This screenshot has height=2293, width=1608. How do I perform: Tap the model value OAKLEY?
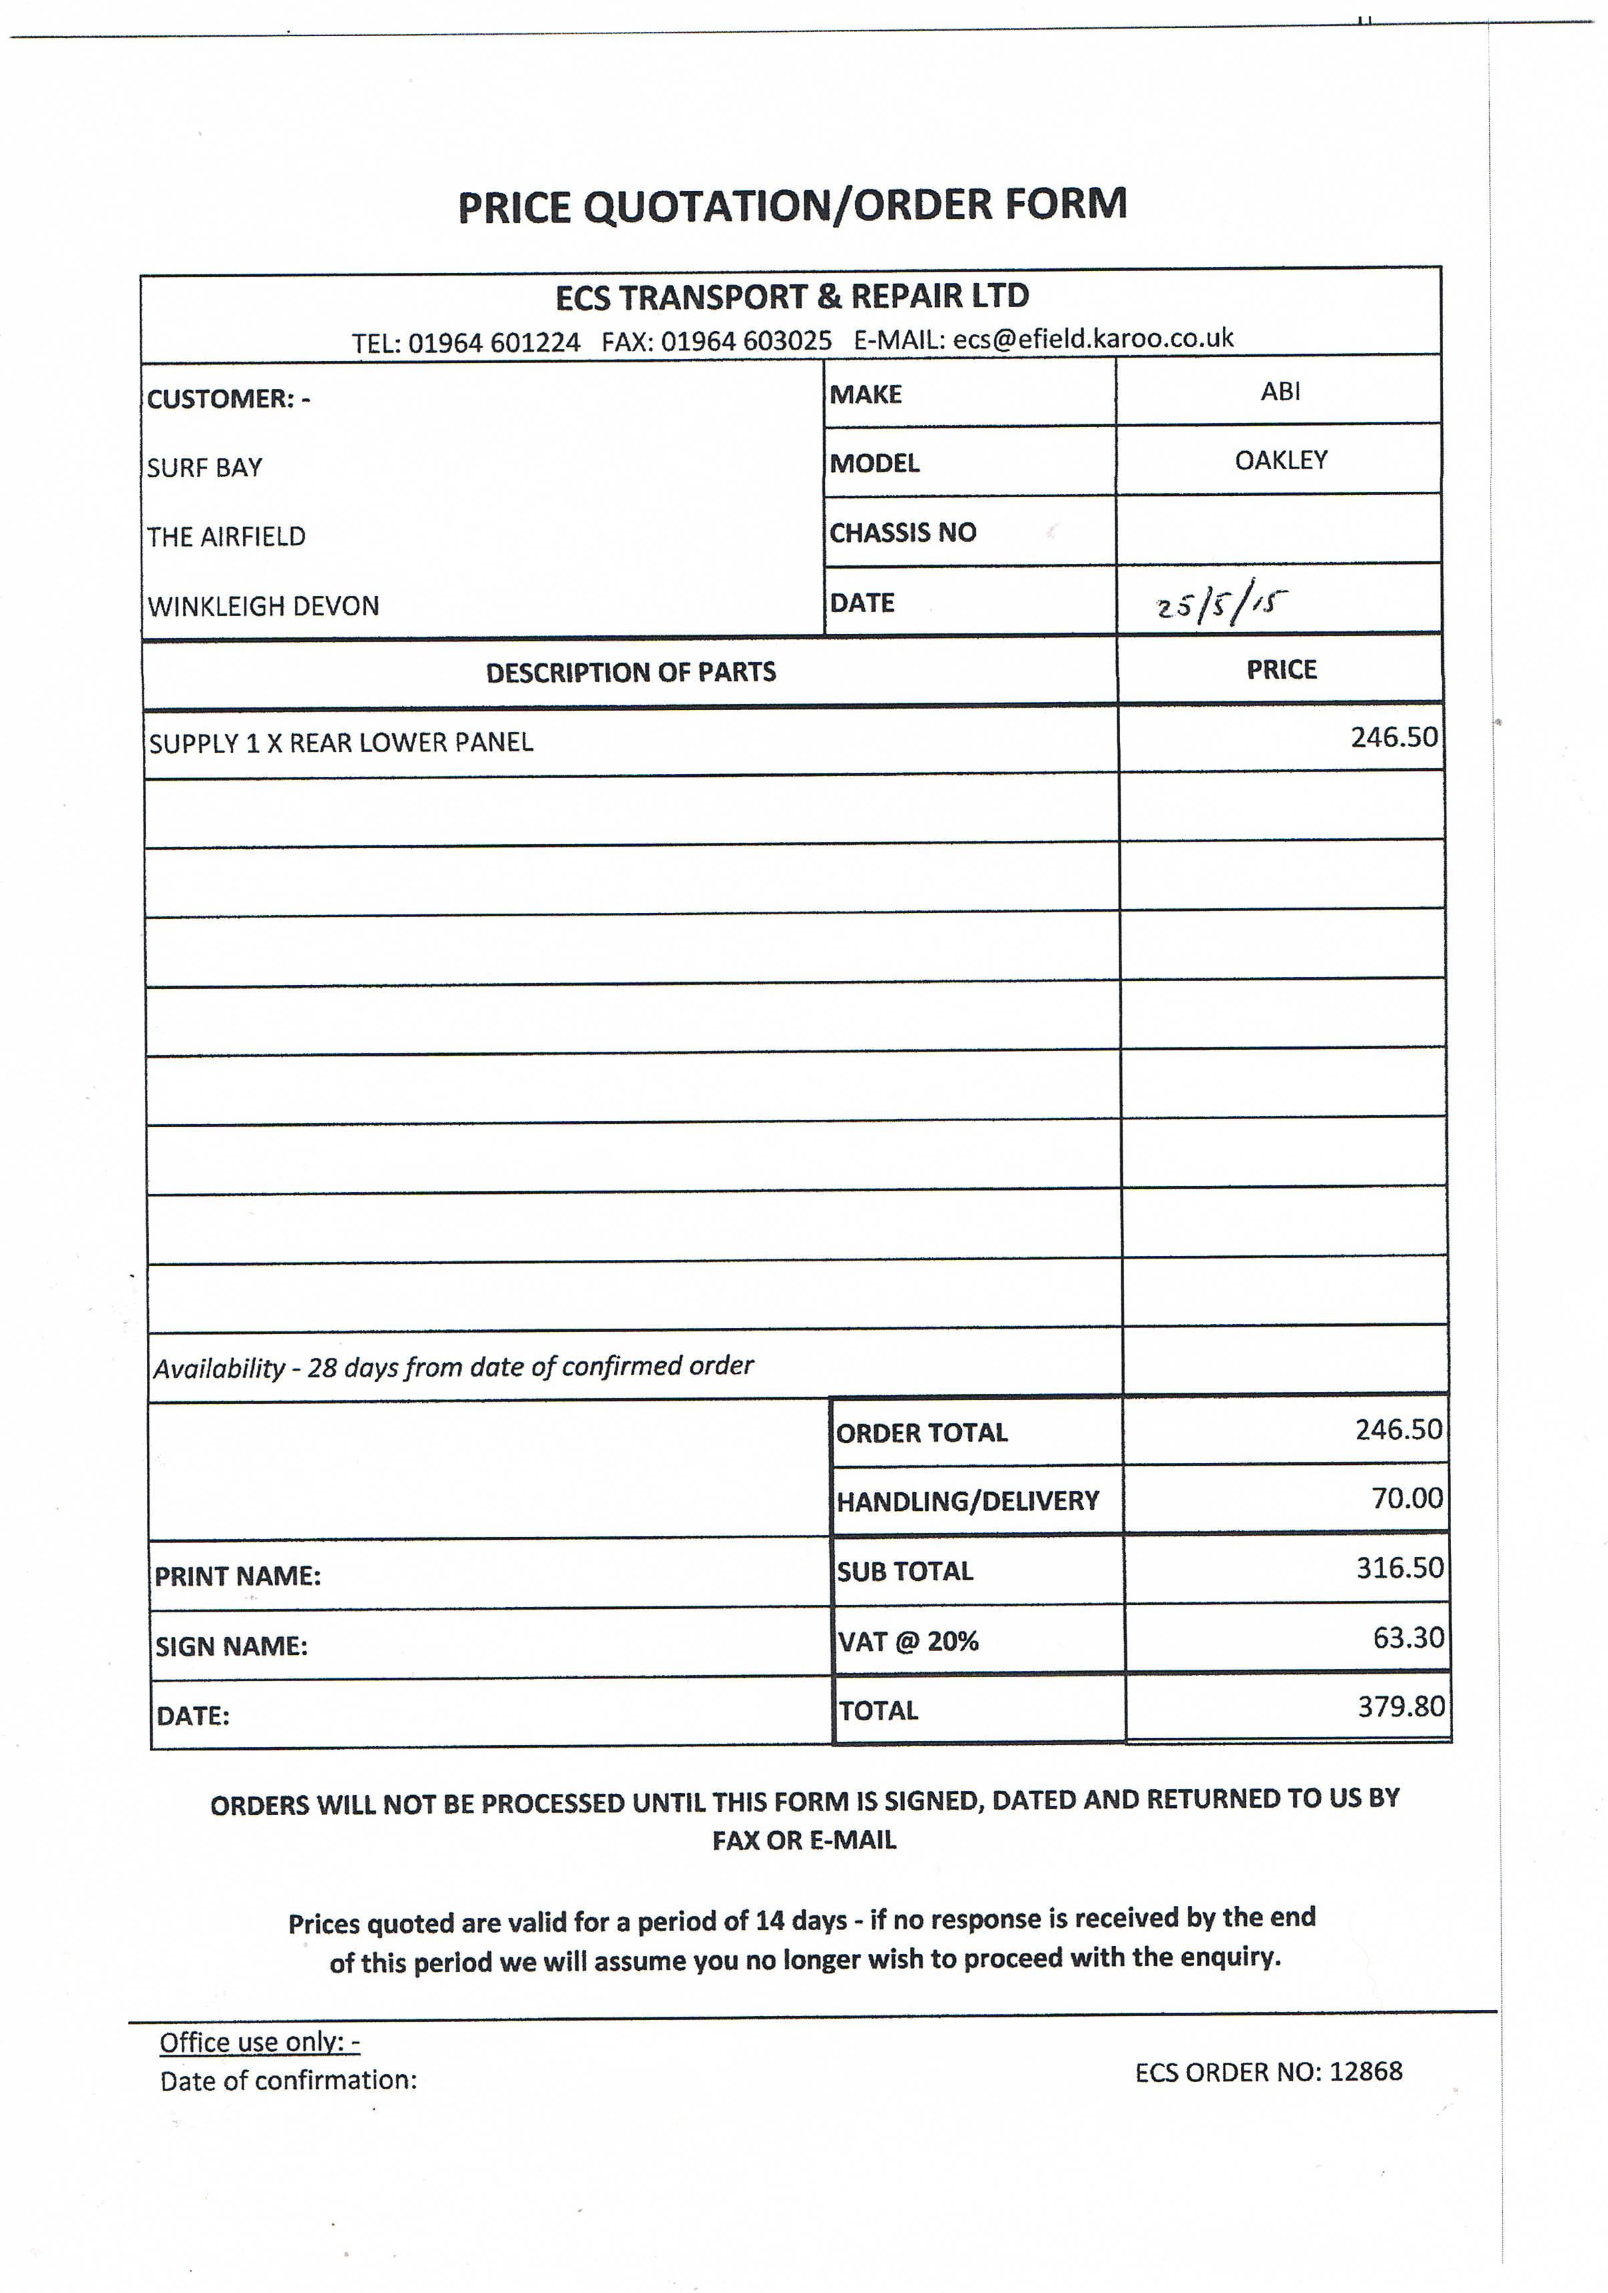(1280, 460)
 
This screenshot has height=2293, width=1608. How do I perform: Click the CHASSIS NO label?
(902, 533)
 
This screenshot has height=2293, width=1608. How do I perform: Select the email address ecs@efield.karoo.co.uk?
(1093, 338)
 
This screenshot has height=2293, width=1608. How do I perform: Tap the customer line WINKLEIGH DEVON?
(264, 606)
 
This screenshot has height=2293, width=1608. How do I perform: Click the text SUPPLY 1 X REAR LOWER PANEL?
(340, 742)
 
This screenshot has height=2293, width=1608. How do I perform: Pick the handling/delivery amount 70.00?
(1406, 1498)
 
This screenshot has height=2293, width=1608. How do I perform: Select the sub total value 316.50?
(1399, 1568)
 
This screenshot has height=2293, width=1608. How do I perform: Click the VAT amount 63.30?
(1408, 1638)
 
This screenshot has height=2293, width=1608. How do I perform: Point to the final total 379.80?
(1400, 1707)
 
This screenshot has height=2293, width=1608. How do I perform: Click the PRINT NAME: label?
(237, 1576)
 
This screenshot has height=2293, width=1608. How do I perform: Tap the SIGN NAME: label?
(231, 1646)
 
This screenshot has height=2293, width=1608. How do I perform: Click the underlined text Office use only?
(259, 2042)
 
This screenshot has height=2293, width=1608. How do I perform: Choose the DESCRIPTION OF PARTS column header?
(630, 672)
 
